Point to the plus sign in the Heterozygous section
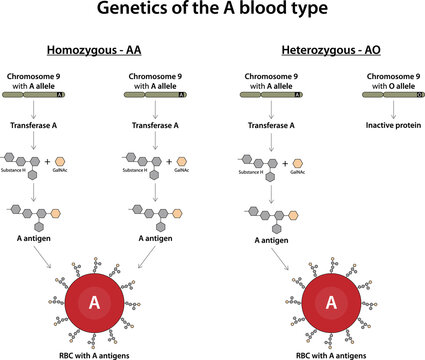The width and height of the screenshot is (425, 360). (290, 162)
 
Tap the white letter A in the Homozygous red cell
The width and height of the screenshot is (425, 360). (95, 301)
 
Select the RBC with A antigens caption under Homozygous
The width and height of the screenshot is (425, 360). (95, 354)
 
